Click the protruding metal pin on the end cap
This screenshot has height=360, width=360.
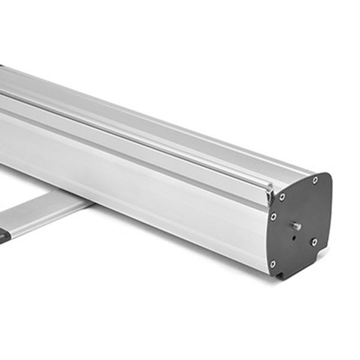click(x=296, y=226)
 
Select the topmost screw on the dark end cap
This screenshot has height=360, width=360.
click(x=314, y=181)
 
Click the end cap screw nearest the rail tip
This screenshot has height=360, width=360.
click(x=282, y=196)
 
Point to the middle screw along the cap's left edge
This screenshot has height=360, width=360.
click(x=274, y=217)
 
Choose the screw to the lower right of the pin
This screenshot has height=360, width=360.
click(x=314, y=242)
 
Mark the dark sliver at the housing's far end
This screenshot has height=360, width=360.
click(x=2, y=67)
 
